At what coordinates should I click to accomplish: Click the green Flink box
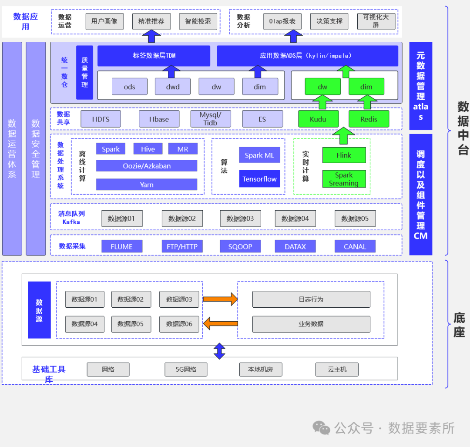(x=344, y=155)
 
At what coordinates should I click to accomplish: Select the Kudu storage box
(x=318, y=119)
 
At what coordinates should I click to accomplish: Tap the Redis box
(x=369, y=119)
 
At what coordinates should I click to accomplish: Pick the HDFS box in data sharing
(x=101, y=119)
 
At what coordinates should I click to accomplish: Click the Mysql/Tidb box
(x=210, y=119)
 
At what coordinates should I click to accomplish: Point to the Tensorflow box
(x=259, y=179)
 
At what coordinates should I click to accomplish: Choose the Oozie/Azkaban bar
(x=147, y=166)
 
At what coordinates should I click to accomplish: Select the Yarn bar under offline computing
(x=147, y=185)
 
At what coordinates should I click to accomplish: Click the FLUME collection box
(x=121, y=246)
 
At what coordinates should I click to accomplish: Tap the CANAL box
(x=355, y=246)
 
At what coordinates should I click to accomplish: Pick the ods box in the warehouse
(x=129, y=87)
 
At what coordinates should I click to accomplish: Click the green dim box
(x=366, y=87)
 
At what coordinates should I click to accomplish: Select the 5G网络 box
(x=186, y=370)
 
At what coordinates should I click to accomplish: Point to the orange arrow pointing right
(x=220, y=299)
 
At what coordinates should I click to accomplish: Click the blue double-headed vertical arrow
(x=219, y=351)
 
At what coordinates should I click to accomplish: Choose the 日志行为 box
(x=311, y=299)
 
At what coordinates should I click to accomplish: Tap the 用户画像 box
(x=104, y=21)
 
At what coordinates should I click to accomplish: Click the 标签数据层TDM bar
(x=154, y=56)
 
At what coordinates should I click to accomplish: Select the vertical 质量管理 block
(x=84, y=72)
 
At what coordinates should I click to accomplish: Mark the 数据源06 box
(x=179, y=324)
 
